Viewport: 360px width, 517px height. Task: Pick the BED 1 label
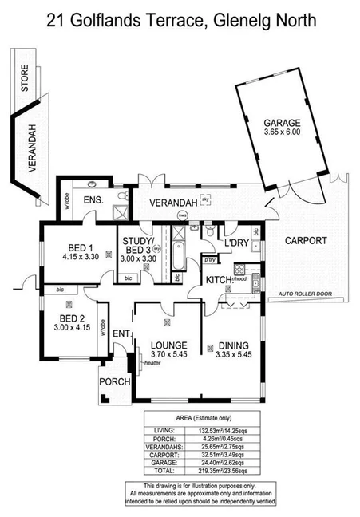pyautogui.click(x=79, y=247)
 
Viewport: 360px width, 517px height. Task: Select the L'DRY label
pyautogui.click(x=236, y=242)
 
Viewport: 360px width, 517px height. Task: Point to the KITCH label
pyautogui.click(x=219, y=280)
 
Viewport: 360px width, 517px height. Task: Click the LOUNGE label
pyautogui.click(x=168, y=346)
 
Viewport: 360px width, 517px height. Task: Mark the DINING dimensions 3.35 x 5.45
pyautogui.click(x=234, y=357)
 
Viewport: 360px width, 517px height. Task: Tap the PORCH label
pyautogui.click(x=114, y=382)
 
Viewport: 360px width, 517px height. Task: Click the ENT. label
pyautogui.click(x=121, y=333)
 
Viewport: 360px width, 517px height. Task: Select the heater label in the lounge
pyautogui.click(x=152, y=365)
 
